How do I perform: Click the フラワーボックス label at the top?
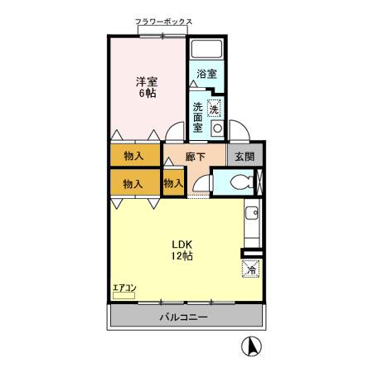pyautogui.click(x=163, y=22)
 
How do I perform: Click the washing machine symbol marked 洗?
pyautogui.click(x=214, y=108)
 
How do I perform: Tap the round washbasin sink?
pyautogui.click(x=217, y=129)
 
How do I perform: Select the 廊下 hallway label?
pyautogui.click(x=196, y=156)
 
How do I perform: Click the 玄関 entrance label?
pyautogui.click(x=244, y=156)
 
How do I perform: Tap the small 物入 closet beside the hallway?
pyautogui.click(x=173, y=183)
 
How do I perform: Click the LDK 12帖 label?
pyautogui.click(x=183, y=250)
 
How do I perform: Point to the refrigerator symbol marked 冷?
pyautogui.click(x=251, y=268)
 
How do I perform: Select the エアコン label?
pyautogui.click(x=124, y=288)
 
